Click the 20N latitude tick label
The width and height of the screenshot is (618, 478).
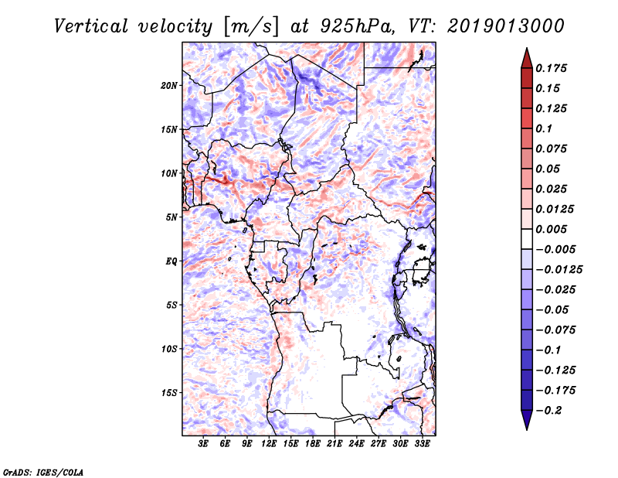[169, 85]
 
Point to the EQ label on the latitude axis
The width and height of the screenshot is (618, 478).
[171, 261]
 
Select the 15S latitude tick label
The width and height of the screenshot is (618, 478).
[169, 392]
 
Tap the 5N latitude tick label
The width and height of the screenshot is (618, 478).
[171, 217]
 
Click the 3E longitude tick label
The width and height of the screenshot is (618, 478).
[204, 444]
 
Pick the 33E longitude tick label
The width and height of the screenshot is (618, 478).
[423, 444]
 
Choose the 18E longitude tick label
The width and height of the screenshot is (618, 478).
[313, 444]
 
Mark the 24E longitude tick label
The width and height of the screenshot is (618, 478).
[357, 444]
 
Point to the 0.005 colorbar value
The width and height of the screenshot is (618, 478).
[553, 229]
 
